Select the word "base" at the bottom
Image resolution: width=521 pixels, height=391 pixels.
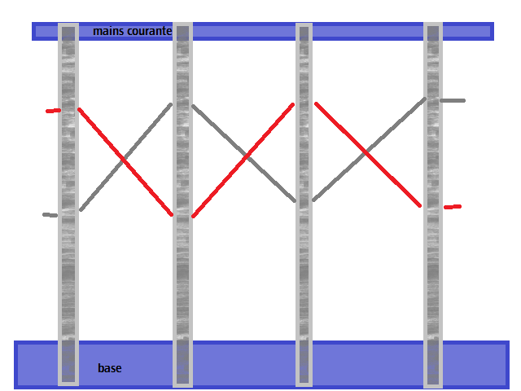(x=110, y=368)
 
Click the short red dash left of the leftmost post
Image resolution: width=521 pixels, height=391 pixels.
(x=53, y=111)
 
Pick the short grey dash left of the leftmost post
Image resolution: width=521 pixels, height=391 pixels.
(x=50, y=215)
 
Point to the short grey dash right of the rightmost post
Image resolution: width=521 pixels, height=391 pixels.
(x=453, y=100)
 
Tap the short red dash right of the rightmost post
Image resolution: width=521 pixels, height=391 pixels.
(x=453, y=207)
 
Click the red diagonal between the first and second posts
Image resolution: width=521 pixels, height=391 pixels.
(x=125, y=161)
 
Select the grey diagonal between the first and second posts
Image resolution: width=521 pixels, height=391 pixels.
(x=125, y=157)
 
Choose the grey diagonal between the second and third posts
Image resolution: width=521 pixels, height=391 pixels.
(x=244, y=153)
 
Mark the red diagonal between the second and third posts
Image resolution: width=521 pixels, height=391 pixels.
(x=243, y=160)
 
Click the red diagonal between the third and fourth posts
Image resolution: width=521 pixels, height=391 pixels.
(x=368, y=155)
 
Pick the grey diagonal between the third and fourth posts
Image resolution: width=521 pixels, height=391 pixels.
(x=369, y=149)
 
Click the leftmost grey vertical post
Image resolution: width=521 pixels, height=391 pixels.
(x=68, y=204)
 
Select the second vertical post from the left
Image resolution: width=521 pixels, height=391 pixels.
(x=182, y=204)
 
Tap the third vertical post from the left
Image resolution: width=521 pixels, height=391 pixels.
(x=304, y=204)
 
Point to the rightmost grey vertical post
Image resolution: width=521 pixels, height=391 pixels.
(x=433, y=204)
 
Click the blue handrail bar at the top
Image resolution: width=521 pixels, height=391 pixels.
(x=262, y=31)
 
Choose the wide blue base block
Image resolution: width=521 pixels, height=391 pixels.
(x=261, y=365)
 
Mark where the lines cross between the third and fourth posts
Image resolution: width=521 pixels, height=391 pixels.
(x=366, y=152)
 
